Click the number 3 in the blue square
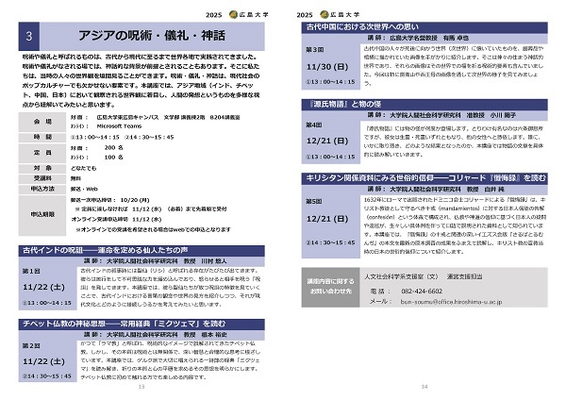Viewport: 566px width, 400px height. (34, 36)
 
